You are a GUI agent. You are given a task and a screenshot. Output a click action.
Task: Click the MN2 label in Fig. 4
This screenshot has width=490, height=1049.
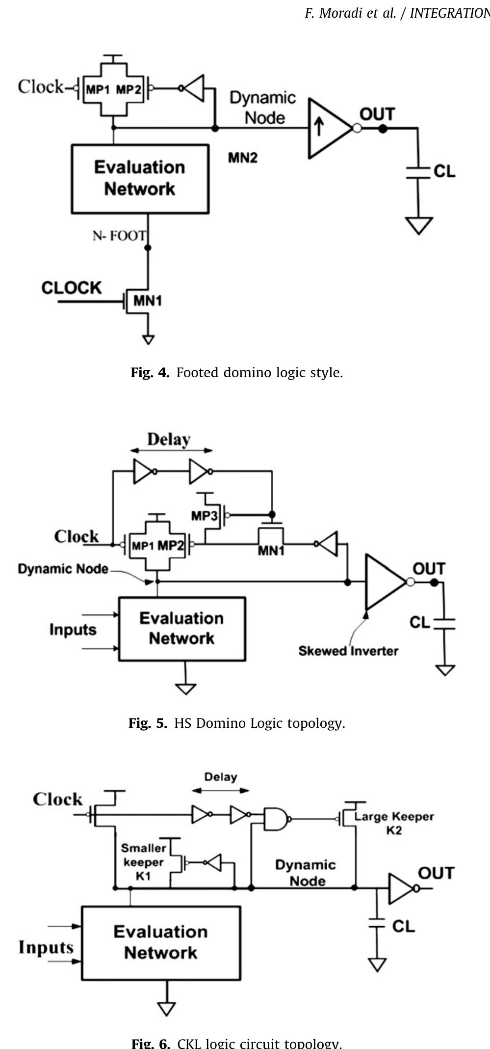click(242, 158)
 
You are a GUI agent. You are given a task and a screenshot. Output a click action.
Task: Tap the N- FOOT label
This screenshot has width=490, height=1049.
click(119, 236)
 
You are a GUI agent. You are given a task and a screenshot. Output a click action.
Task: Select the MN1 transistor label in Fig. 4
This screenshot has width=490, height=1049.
click(148, 301)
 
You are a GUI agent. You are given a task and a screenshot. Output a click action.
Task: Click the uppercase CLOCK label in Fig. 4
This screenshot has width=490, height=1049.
click(72, 288)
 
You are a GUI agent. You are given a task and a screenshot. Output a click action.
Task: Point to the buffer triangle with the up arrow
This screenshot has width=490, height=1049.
click(328, 129)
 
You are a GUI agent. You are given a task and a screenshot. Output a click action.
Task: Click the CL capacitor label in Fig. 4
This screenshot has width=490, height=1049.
click(444, 171)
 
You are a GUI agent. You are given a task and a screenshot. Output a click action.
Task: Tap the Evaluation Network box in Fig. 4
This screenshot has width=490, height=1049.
click(140, 179)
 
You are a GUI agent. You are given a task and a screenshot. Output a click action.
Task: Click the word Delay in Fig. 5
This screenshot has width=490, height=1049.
click(169, 439)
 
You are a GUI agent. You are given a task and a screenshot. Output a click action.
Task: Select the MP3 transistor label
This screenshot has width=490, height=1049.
click(205, 516)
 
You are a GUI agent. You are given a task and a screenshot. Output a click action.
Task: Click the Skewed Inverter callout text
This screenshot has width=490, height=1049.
click(348, 651)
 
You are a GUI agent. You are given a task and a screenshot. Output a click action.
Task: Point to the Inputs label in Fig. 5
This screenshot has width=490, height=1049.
click(73, 630)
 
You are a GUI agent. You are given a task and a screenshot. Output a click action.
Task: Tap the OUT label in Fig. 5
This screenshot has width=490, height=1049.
click(429, 569)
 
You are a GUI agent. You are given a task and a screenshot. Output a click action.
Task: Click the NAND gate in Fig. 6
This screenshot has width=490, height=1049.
click(276, 819)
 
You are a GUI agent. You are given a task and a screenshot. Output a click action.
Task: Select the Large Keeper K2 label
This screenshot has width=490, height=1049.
click(394, 823)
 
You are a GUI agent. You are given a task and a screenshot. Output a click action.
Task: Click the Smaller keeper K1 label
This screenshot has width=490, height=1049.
click(144, 862)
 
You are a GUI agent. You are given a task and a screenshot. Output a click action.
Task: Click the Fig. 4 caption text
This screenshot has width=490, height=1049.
click(236, 373)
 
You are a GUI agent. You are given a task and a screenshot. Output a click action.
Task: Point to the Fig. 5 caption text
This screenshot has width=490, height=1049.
click(236, 723)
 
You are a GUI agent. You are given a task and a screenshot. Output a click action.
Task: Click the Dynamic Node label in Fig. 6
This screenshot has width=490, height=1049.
click(306, 873)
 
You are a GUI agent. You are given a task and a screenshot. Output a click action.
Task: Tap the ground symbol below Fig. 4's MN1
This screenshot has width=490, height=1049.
click(148, 339)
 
